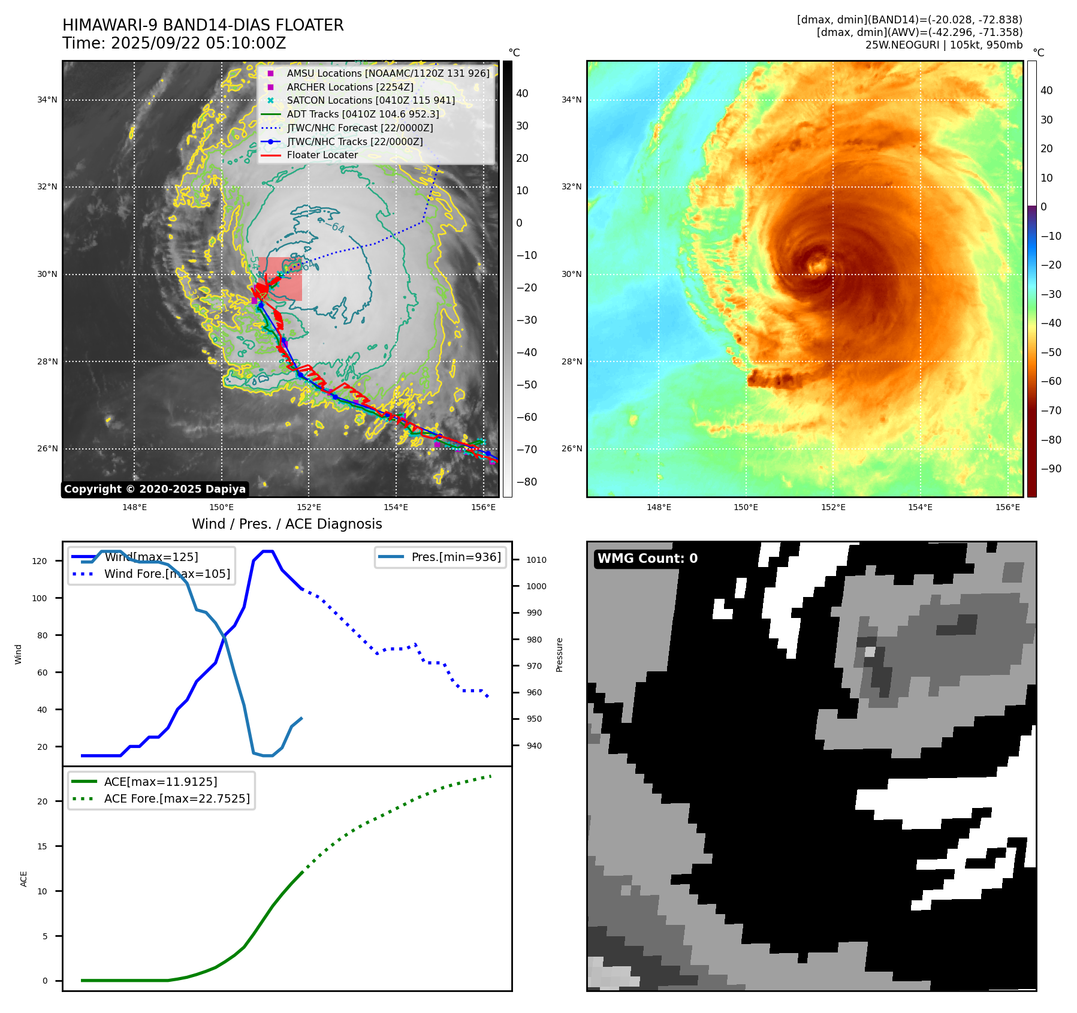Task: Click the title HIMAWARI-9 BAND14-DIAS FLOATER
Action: tap(203, 25)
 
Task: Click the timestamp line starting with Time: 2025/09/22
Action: tap(174, 43)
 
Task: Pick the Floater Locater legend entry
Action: tap(322, 155)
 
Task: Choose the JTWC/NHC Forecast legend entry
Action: tap(360, 128)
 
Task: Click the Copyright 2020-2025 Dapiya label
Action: tap(155, 489)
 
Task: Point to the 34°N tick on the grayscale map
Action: tap(47, 100)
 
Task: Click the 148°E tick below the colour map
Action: tap(659, 507)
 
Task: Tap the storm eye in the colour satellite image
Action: tap(817, 264)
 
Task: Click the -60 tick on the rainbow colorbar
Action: tap(1051, 381)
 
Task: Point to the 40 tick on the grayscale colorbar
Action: tap(522, 94)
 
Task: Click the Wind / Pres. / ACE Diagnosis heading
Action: tap(286, 524)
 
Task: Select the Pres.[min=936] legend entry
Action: tap(455, 557)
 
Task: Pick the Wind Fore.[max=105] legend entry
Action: tap(167, 574)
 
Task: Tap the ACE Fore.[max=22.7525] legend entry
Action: tap(177, 798)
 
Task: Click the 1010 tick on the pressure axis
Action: tap(536, 560)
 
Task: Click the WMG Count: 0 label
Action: tap(647, 559)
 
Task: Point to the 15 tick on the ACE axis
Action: tap(43, 846)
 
